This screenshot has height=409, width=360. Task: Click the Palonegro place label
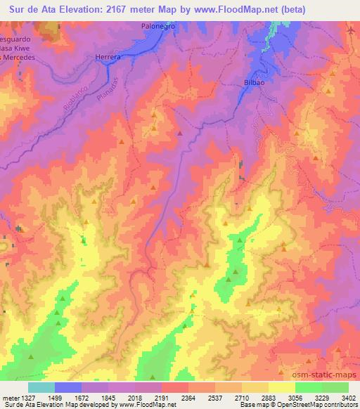point(156,25)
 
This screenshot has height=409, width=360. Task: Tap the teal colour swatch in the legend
point(41,387)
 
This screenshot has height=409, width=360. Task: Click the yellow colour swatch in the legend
point(282,387)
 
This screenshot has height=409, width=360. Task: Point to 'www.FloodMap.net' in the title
point(257,10)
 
